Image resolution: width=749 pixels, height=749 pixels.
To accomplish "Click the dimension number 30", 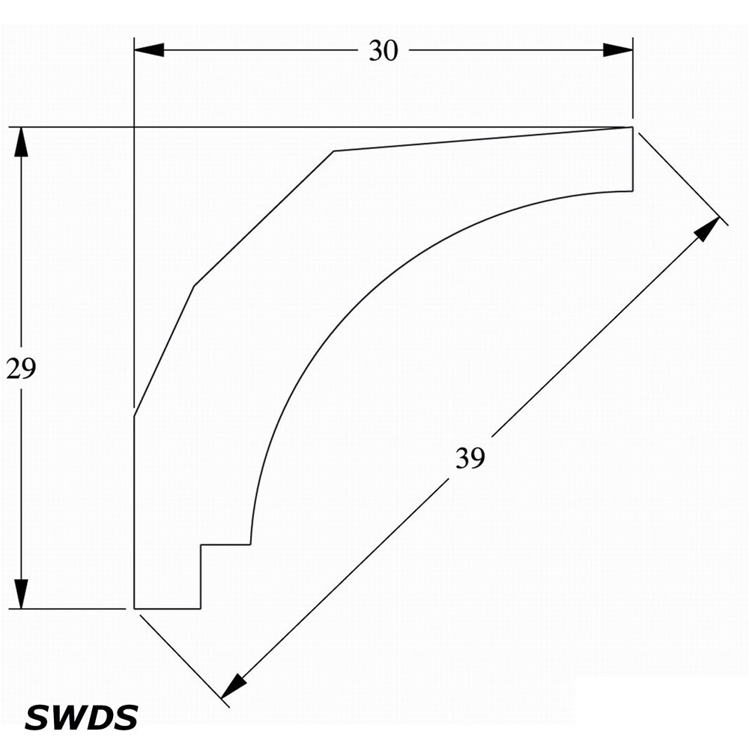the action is tap(383, 51).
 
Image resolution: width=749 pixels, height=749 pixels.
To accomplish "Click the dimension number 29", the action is tap(21, 369).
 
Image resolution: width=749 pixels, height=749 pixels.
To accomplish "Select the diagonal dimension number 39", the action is tap(470, 458).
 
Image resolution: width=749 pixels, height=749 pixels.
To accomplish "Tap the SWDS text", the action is tap(81, 718).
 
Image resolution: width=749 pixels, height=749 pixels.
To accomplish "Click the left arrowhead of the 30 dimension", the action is tap(149, 49).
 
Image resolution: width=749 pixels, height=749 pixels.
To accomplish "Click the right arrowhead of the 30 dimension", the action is tap(618, 49).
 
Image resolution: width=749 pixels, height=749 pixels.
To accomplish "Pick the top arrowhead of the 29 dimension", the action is tap(21, 142).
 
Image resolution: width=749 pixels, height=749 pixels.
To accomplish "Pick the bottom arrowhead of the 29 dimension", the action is tap(21, 594).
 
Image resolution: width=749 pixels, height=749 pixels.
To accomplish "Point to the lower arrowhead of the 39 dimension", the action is tap(234, 686).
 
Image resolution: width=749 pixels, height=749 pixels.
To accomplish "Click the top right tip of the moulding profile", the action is tap(633, 127).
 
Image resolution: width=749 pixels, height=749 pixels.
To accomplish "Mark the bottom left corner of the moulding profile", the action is tap(134, 609).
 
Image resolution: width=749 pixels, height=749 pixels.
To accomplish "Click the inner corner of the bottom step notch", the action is tap(201, 544).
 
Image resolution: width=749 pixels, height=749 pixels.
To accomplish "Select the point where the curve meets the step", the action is tap(250, 544).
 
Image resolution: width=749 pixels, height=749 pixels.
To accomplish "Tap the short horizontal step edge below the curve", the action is tap(225, 544).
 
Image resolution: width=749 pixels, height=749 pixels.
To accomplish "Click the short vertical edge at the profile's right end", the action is tap(633, 159).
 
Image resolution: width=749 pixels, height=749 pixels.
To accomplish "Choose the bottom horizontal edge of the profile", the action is tap(167, 609).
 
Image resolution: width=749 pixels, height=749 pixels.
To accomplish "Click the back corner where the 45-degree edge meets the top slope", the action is tap(333, 151).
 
